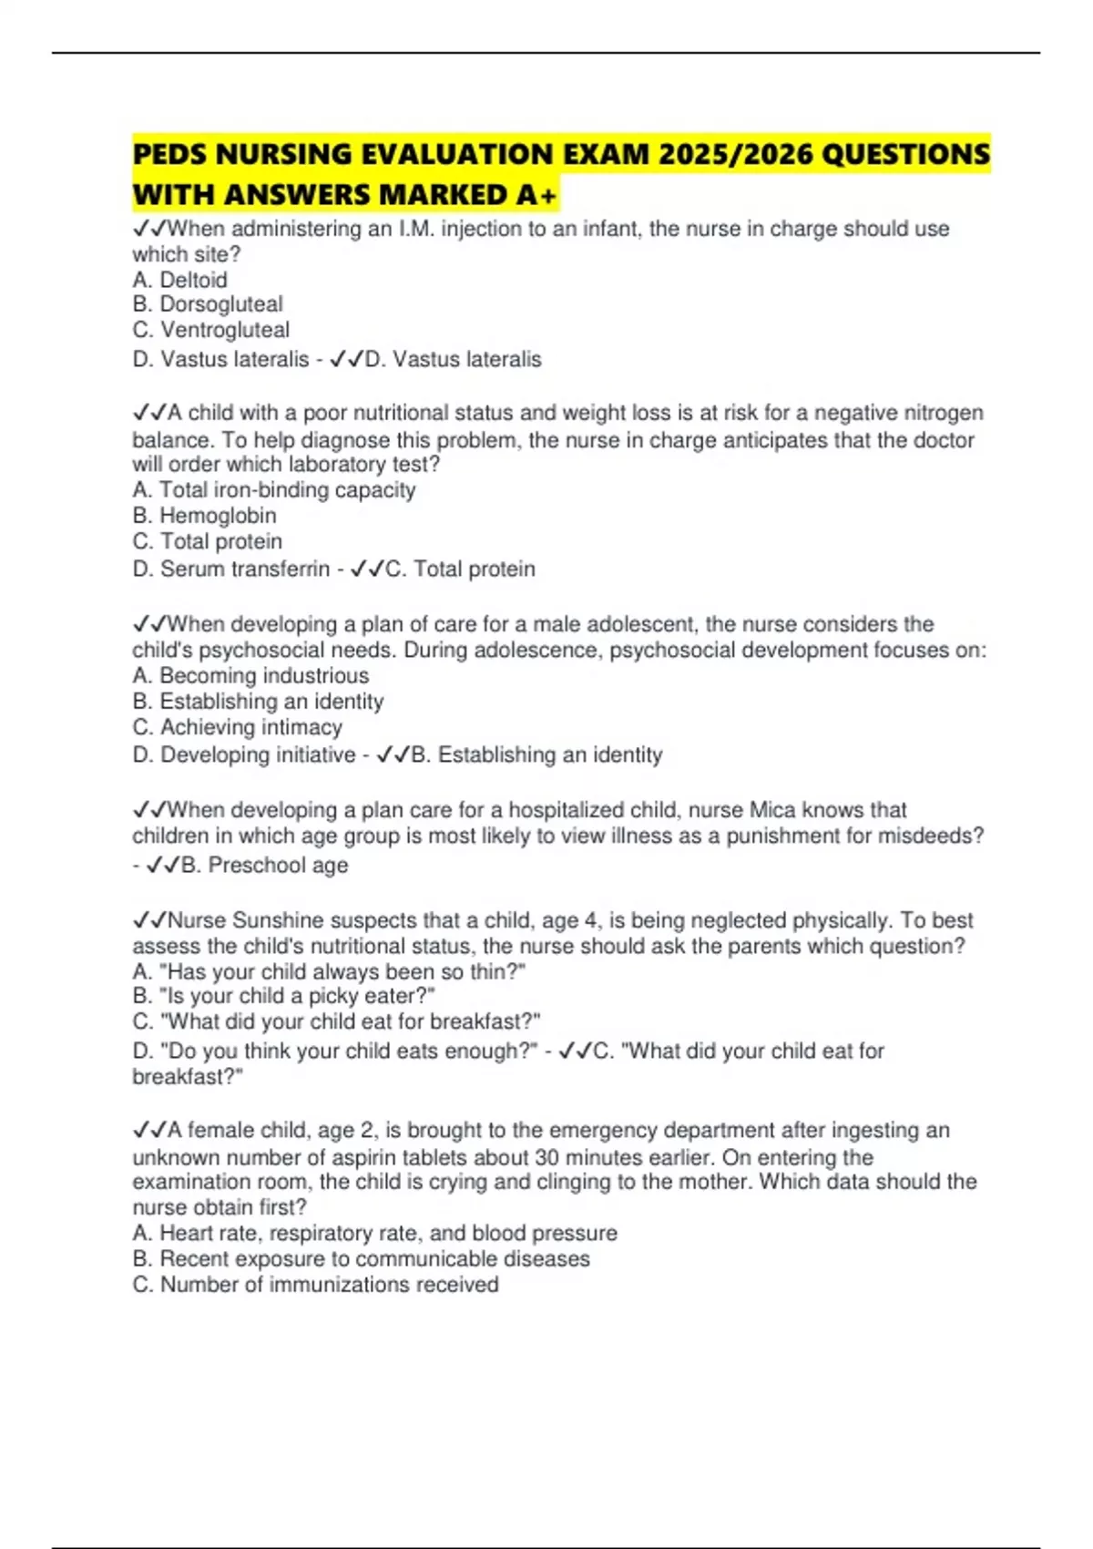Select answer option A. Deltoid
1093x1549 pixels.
(179, 280)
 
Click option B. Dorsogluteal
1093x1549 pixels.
(208, 304)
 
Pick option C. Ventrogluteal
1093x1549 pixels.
(211, 330)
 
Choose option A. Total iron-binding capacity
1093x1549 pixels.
(274, 490)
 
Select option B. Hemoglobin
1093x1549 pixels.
(204, 516)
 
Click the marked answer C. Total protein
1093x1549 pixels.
(460, 569)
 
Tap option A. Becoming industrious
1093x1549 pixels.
(250, 676)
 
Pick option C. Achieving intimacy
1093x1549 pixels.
(237, 727)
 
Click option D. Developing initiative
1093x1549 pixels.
(244, 755)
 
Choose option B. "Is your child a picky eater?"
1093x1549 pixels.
(283, 996)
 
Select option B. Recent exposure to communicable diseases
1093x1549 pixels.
(361, 1259)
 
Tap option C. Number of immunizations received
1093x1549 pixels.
(315, 1285)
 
